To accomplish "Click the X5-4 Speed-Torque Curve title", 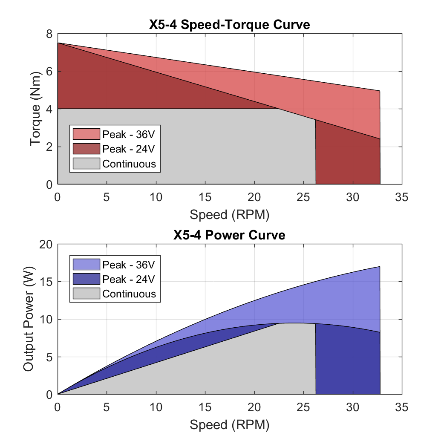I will [229, 25].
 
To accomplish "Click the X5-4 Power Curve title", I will [229, 235].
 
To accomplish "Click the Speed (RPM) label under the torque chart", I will [229, 214].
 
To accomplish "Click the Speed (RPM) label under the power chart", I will [229, 424].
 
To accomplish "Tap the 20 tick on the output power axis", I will [46, 244].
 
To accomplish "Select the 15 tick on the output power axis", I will [46, 282].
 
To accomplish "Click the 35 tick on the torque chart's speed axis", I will [401, 197].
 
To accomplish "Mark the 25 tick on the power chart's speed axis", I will [303, 407].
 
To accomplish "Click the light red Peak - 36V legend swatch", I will [86, 134].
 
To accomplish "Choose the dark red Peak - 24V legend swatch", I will [86, 149].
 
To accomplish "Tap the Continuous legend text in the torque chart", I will [129, 164].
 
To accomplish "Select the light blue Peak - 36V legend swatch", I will [86, 265].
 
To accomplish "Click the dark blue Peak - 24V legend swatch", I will [86, 279].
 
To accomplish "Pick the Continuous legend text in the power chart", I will [129, 294].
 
